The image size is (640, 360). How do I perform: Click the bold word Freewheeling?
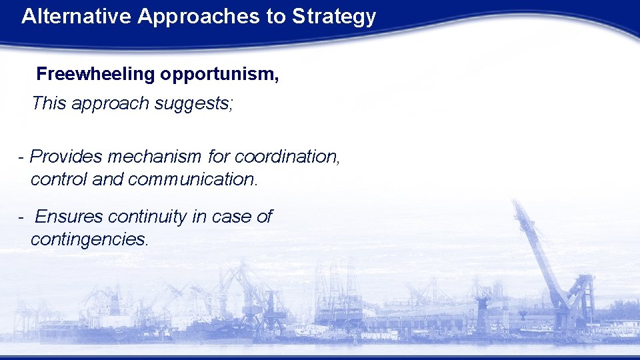tap(95, 74)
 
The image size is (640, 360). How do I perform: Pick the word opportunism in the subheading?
tap(217, 74)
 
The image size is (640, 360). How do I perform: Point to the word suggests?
tap(201, 103)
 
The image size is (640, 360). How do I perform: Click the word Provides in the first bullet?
tap(67, 157)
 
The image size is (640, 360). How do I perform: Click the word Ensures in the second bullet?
tap(69, 217)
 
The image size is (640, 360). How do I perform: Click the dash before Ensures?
tap(22, 217)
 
